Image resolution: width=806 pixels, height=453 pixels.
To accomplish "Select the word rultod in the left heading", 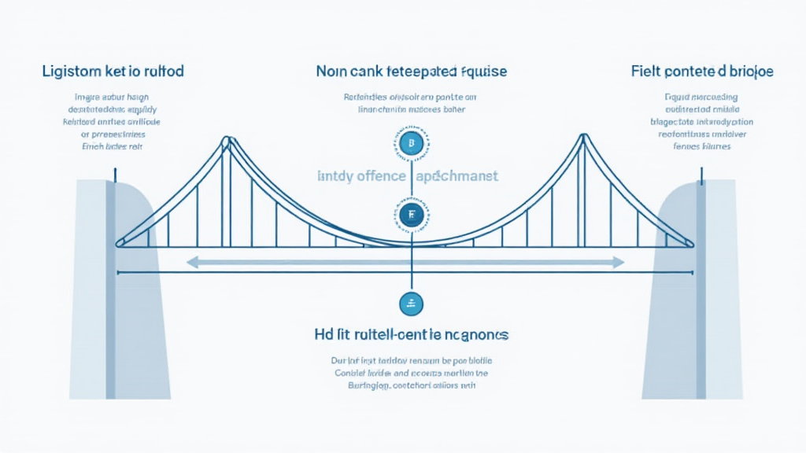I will tap(162, 72).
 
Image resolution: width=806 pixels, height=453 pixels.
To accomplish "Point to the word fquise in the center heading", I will tap(482, 72).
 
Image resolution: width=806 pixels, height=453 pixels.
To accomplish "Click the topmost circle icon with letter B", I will tap(411, 144).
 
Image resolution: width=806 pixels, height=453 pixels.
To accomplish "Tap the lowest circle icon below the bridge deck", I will tap(411, 303).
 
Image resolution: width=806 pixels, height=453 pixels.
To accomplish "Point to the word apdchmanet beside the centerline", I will tap(457, 176).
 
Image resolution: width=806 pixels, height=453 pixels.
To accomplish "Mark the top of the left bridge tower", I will tap(226, 141).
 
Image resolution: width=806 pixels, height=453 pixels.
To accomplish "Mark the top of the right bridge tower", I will tap(582, 138).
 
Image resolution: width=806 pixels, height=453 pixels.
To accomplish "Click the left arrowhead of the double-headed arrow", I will tap(191, 262).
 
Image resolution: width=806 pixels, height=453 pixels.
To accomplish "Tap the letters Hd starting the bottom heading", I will tap(323, 335).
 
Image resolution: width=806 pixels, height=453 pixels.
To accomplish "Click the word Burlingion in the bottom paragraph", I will tap(356, 386).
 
